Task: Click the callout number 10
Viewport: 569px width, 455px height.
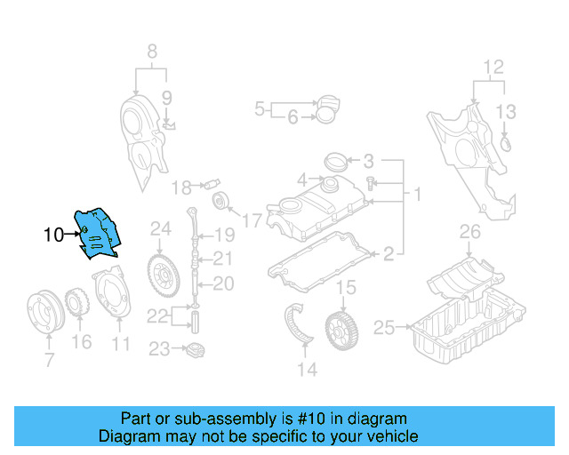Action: (53, 235)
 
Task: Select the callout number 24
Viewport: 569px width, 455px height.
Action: (159, 229)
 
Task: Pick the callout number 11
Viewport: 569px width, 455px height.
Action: (121, 343)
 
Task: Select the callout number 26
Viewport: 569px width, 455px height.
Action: (469, 234)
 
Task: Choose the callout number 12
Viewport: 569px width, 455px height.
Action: (493, 67)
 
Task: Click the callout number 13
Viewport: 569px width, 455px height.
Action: (505, 111)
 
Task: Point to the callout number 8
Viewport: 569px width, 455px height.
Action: (151, 51)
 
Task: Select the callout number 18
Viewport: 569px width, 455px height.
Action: (181, 188)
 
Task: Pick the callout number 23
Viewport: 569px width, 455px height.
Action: (159, 350)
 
